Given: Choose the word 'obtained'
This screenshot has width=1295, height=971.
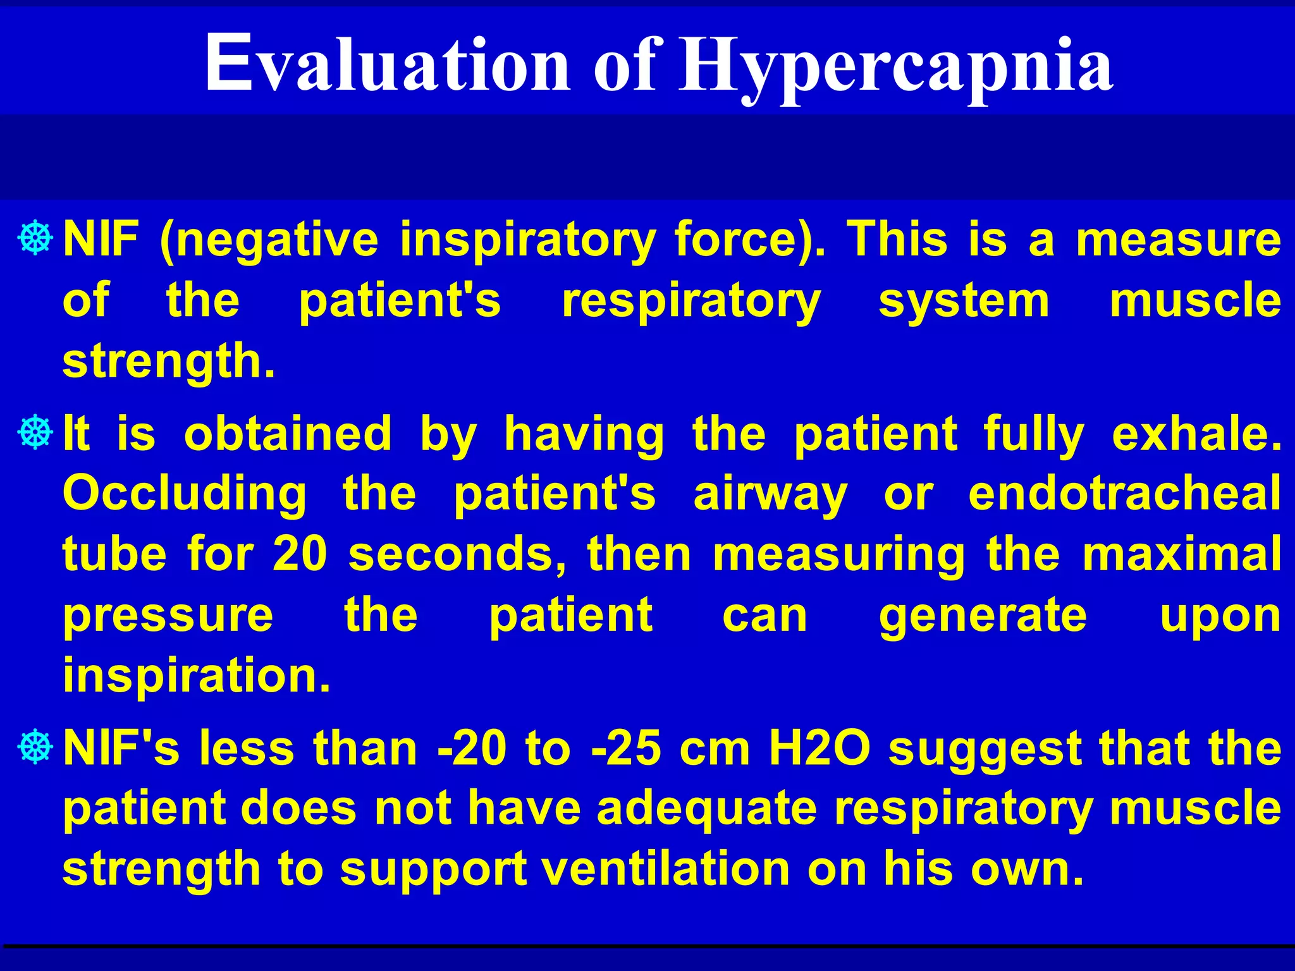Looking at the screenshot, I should tap(288, 434).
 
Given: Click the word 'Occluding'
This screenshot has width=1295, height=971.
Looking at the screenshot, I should tap(185, 494).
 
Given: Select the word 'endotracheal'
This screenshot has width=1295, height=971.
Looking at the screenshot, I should tap(1125, 494).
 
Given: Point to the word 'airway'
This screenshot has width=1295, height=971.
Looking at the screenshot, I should tap(770, 495).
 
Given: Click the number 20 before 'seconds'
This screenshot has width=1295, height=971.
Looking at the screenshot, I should tap(300, 554).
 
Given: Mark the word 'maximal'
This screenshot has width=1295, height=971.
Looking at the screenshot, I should tap(1182, 554).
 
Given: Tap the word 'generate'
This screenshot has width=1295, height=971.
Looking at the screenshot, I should tap(983, 616).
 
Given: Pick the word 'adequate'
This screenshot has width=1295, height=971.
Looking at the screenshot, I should tap(706, 809).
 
